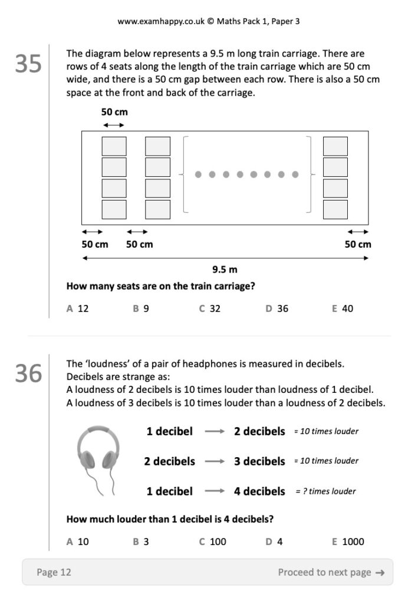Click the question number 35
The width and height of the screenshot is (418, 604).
[x=28, y=64]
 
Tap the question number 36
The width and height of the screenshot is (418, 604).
[x=28, y=373]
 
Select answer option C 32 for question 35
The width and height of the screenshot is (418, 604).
[x=210, y=308]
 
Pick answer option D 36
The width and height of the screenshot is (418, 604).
[x=277, y=308]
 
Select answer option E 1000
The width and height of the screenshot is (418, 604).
[x=348, y=541]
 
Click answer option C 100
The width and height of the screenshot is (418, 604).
[x=213, y=541]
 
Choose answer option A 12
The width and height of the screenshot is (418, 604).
[x=78, y=308]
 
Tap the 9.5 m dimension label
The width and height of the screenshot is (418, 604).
[x=225, y=270]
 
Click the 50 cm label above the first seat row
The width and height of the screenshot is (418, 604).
[x=114, y=112]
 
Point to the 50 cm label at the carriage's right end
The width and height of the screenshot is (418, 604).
[x=358, y=244]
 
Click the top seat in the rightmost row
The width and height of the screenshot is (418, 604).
[x=335, y=146]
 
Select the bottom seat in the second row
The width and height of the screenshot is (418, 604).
[x=157, y=209]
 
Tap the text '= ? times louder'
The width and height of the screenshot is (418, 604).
[x=325, y=491]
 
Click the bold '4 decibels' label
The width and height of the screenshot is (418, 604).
[x=259, y=491]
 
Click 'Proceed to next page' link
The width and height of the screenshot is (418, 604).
[x=331, y=572]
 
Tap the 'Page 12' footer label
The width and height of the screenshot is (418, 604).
[x=54, y=572]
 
